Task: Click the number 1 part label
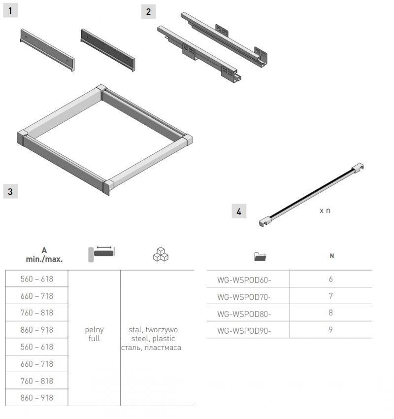10,11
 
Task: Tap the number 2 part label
148,11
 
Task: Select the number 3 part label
10,191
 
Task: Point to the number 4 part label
239,211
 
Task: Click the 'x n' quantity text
325,210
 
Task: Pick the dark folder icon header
260,256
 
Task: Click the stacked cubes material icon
161,254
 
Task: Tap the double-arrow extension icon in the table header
102,254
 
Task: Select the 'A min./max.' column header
44,255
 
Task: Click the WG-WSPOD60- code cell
244,280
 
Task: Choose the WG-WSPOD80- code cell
244,314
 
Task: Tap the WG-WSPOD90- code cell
244,331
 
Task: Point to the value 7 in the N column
331,296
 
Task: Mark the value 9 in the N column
331,330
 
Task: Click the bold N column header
332,256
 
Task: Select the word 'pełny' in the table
94,330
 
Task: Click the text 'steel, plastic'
153,339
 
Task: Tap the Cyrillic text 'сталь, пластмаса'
151,348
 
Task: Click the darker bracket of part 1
108,50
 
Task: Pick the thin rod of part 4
311,195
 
